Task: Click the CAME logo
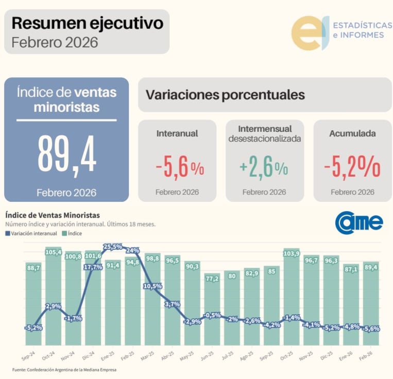point(359,222)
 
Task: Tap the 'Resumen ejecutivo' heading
point(87,23)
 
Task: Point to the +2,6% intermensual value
point(264,167)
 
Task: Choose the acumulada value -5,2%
point(352,167)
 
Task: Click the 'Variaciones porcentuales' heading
point(225,95)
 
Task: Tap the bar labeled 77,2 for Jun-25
point(212,314)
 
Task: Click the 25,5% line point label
point(113,247)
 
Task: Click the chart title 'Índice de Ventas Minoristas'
point(53,215)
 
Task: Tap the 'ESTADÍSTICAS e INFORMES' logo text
point(358,30)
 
